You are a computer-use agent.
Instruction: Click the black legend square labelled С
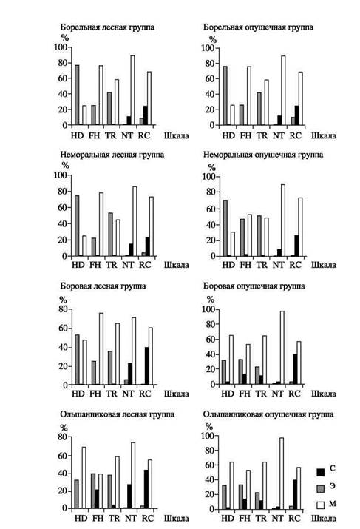click(x=321, y=472)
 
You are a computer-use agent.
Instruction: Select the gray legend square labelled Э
click(x=321, y=488)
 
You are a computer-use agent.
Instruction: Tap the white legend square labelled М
click(x=321, y=505)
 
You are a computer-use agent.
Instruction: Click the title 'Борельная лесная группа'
click(x=107, y=27)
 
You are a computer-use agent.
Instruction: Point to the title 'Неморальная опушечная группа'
click(x=263, y=155)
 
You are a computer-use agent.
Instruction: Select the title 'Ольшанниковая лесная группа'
click(x=118, y=414)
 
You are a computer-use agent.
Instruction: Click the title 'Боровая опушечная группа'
click(x=254, y=286)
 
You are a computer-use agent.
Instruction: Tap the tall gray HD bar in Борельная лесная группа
click(x=77, y=95)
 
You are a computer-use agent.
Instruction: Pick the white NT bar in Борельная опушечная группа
click(x=283, y=90)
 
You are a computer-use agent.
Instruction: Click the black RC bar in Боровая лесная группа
click(x=147, y=366)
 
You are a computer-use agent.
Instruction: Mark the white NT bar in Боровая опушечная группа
click(x=282, y=348)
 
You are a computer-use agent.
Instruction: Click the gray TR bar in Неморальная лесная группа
click(x=111, y=235)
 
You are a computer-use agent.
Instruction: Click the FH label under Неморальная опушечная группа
click(x=245, y=265)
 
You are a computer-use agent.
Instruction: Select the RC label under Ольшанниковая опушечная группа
click(x=294, y=518)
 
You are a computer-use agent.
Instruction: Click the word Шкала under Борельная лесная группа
click(x=176, y=135)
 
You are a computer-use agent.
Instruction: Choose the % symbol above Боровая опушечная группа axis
click(x=211, y=299)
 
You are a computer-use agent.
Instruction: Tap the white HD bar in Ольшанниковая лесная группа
click(x=84, y=478)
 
